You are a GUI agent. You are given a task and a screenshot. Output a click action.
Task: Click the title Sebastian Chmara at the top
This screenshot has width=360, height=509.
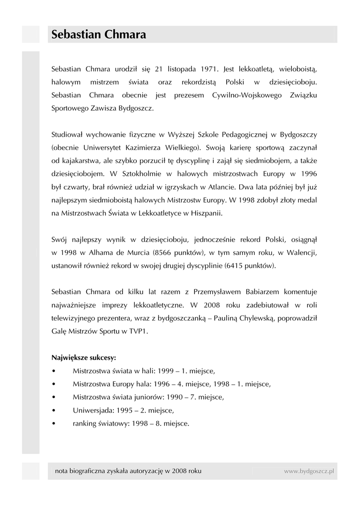98,35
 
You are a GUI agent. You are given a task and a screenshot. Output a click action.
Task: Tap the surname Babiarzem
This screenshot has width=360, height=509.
233,291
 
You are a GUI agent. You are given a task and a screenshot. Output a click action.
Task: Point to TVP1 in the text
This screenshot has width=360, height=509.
137,331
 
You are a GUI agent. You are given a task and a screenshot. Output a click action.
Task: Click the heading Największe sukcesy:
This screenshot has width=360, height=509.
84,357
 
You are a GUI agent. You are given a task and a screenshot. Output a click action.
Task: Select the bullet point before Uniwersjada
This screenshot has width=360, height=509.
54,411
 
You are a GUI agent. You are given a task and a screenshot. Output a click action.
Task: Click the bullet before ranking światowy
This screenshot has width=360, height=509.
54,424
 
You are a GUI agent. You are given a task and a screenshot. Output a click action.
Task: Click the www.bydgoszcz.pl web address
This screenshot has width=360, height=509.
309,470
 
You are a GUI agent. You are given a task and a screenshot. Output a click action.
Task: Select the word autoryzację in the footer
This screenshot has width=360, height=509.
144,470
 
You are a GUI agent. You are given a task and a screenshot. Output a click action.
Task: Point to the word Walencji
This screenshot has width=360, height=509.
301,253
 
